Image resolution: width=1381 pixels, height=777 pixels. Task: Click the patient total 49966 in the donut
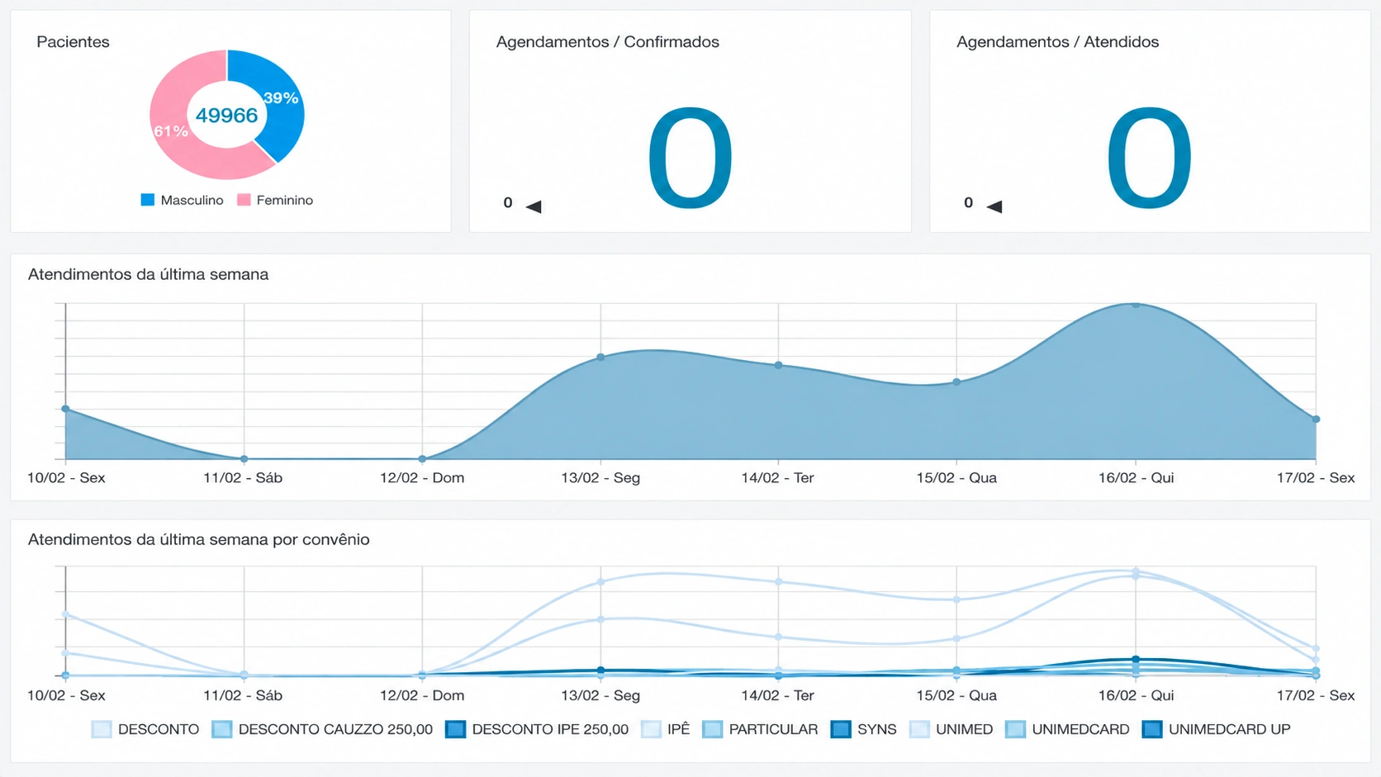click(226, 116)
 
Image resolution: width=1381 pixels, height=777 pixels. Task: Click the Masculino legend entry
click(182, 201)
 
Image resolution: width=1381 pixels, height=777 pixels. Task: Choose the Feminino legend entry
click(275, 201)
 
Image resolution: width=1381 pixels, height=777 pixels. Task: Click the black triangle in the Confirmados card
click(534, 206)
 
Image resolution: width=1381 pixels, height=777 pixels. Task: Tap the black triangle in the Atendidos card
click(994, 206)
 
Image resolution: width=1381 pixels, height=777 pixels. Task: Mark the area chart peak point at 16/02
click(1136, 305)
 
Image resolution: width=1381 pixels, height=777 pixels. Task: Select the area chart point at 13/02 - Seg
click(600, 358)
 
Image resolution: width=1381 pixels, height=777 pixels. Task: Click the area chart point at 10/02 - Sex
click(65, 409)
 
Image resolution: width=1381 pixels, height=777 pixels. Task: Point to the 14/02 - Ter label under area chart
click(777, 477)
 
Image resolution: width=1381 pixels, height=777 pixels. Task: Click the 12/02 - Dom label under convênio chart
click(422, 695)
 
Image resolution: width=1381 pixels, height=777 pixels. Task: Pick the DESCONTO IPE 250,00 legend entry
click(537, 730)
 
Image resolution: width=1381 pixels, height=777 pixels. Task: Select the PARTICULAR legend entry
click(760, 730)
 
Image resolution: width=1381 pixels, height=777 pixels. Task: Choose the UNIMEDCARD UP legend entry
click(1217, 730)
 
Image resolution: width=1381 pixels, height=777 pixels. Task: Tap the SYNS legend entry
click(864, 730)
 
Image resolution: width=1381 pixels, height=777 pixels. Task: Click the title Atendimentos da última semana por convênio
click(198, 540)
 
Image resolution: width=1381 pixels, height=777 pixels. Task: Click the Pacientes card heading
click(73, 42)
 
